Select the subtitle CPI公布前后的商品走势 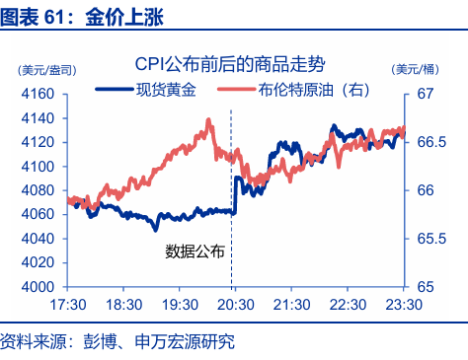click(x=234, y=64)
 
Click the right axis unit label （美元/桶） click(x=417, y=69)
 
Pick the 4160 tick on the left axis click(x=38, y=94)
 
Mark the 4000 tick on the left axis click(x=38, y=287)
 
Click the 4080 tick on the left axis click(x=38, y=190)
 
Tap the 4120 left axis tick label click(x=38, y=142)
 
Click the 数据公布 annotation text click(x=195, y=251)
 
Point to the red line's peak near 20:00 click(x=208, y=120)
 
